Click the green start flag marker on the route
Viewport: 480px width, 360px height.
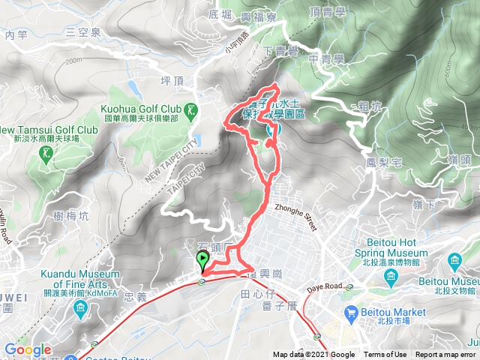click(x=202, y=260)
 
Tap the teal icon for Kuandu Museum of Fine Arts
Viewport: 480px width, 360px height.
click(x=80, y=307)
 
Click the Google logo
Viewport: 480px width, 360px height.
click(x=27, y=350)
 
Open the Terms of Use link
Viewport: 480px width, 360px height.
click(x=385, y=355)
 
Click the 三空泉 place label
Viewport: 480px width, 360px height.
click(x=82, y=31)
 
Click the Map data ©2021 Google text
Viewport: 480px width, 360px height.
click(x=313, y=355)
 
